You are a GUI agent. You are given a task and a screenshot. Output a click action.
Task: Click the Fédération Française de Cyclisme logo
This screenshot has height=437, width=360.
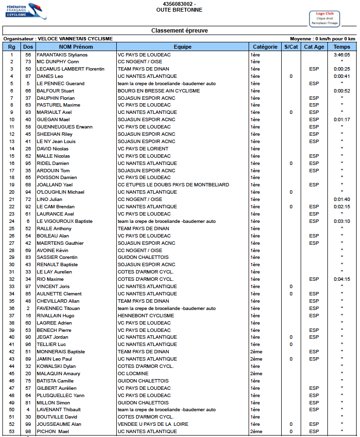coord(25,11)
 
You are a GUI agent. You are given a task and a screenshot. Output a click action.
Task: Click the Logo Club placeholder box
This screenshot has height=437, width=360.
coord(324,18)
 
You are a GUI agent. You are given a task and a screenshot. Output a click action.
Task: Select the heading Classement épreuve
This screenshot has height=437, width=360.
coord(180,31)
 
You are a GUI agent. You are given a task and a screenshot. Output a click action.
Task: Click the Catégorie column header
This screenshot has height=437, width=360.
coord(265,47)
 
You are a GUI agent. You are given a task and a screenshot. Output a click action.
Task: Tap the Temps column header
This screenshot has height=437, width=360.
coord(342,47)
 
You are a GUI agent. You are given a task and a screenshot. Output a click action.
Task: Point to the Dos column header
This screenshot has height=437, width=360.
coord(28,47)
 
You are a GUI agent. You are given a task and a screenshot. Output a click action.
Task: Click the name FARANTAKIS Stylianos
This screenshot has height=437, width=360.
coord(62,55)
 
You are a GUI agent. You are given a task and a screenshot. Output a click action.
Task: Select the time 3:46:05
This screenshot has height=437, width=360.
coord(342,55)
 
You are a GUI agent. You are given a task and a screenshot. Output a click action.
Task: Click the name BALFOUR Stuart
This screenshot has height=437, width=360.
coord(55,91)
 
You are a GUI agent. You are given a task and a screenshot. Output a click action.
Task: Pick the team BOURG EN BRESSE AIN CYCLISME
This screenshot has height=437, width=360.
coord(159,91)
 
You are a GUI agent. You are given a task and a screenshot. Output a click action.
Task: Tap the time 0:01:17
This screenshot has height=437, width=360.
coord(342,120)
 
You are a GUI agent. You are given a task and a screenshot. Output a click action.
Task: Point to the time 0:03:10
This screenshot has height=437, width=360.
coord(342,221)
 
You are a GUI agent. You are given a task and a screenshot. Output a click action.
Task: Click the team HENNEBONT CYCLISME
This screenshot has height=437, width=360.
coord(145,315)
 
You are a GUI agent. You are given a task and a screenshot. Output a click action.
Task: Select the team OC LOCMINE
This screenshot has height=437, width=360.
coord(133,374)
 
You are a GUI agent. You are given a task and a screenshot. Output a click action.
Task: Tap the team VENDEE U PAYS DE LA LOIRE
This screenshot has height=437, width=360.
coord(153,424)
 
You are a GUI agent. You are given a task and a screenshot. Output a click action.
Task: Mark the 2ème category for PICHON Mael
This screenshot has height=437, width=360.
coord(256,432)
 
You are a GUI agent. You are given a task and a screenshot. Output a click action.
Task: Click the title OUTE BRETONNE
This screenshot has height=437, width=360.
coord(180,10)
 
